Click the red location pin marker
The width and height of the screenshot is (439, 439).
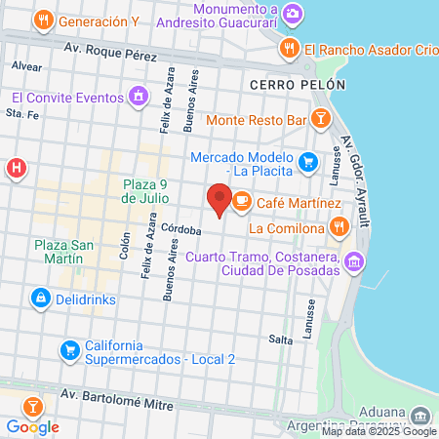click(219, 200)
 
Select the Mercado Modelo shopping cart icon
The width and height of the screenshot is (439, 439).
click(308, 161)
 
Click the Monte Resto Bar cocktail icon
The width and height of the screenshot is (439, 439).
click(319, 120)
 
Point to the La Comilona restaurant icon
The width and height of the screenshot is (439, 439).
click(339, 227)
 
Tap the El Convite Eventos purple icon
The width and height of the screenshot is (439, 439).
click(140, 97)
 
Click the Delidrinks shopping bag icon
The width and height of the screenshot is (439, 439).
click(40, 298)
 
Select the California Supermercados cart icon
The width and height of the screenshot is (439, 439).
click(68, 348)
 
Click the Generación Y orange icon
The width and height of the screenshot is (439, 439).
click(43, 20)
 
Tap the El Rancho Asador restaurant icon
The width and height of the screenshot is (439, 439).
click(289, 49)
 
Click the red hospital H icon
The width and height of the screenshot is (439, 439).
click(16, 169)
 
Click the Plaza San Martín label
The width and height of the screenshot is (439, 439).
click(62, 253)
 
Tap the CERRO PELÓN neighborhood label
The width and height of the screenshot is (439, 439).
click(297, 85)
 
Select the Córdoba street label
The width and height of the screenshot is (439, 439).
click(181, 230)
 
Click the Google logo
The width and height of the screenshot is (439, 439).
click(32, 426)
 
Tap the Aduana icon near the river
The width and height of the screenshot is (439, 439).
click(419, 414)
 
